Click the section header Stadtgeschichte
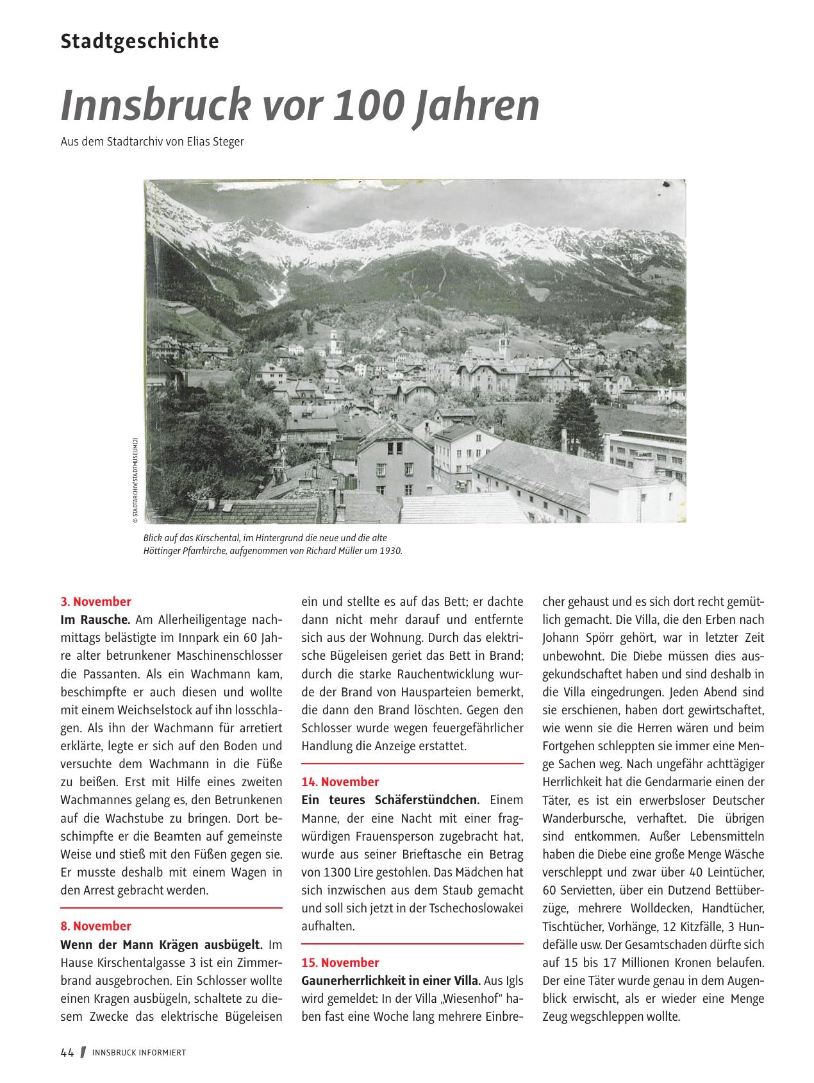(140, 42)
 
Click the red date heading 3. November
(96, 601)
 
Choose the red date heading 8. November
(96, 926)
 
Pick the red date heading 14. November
(340, 782)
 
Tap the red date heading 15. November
(340, 962)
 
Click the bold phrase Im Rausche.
(96, 620)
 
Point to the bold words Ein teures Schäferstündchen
(390, 800)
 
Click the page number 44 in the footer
(67, 1052)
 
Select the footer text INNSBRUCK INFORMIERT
(139, 1053)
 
